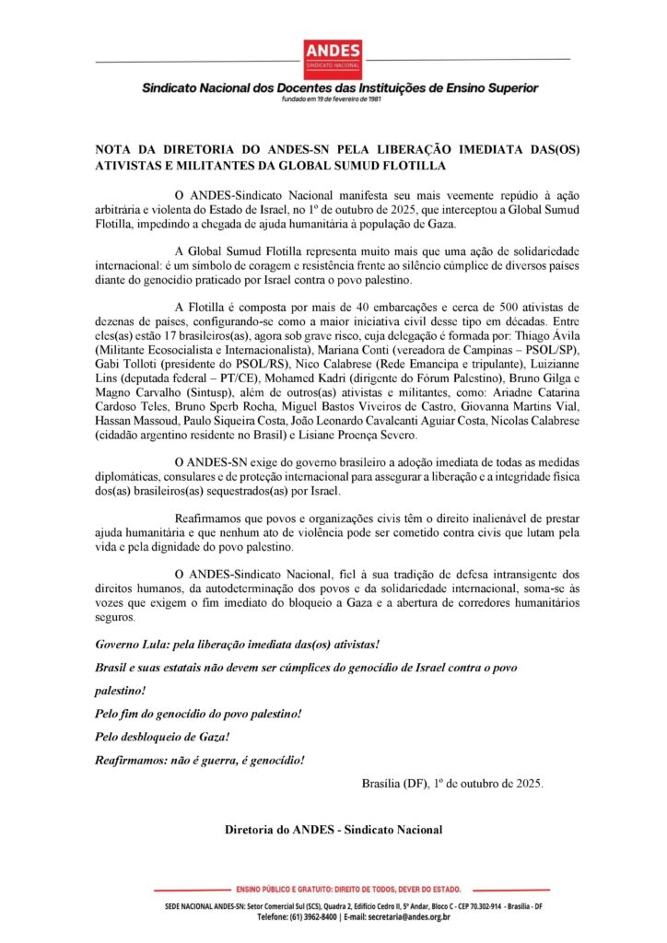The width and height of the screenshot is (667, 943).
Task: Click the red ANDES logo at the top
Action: point(333,57)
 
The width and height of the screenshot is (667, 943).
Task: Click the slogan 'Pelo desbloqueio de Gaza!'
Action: point(162,737)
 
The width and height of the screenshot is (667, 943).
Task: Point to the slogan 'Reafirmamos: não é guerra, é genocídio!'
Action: point(200,761)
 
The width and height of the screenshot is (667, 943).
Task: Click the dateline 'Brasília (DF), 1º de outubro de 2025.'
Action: point(453,784)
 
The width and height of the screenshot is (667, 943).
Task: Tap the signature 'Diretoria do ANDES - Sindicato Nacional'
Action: point(333,830)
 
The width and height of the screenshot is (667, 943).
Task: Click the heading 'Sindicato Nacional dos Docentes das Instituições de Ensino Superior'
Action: point(340,87)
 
